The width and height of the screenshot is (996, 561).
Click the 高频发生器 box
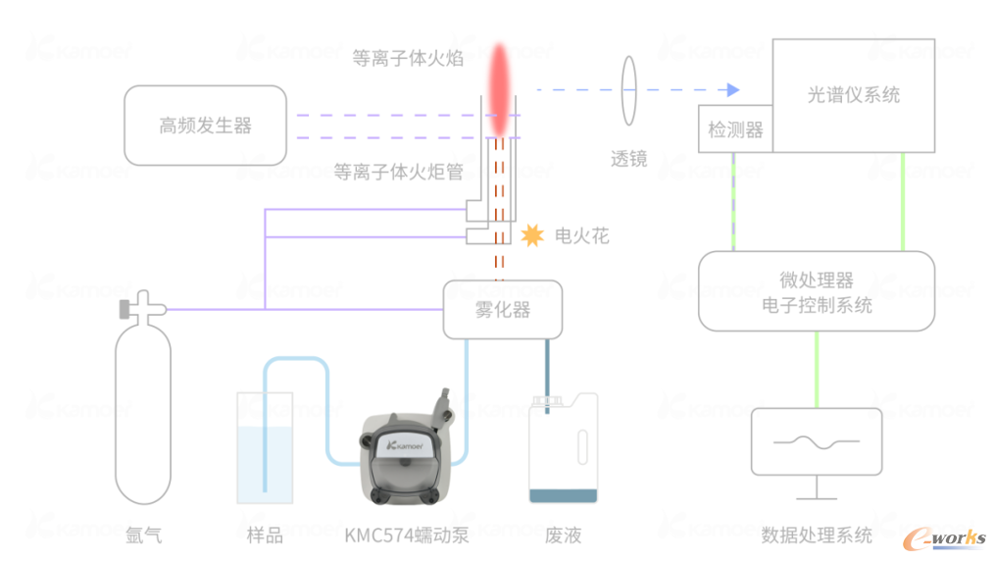click(x=206, y=126)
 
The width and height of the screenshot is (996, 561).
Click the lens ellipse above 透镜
click(x=627, y=90)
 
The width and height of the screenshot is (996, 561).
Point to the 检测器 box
click(x=735, y=129)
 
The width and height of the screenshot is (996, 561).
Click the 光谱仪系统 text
click(x=853, y=95)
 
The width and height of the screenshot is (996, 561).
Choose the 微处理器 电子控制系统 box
click(x=817, y=291)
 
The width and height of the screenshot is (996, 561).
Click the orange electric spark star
click(x=531, y=235)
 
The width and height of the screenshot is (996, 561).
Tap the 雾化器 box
click(x=503, y=310)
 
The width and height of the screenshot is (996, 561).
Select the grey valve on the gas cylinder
click(x=126, y=309)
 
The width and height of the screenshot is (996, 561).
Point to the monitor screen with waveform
click(x=816, y=442)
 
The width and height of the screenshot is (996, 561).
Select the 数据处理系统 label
click(x=817, y=535)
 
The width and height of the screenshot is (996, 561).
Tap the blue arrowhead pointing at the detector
click(x=731, y=90)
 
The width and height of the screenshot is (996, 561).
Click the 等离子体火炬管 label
click(x=397, y=172)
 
